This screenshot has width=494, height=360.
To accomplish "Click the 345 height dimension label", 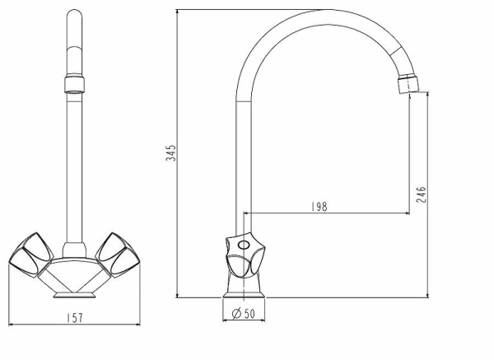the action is click(x=170, y=153).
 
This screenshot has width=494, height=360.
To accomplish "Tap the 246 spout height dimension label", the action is click(x=421, y=194).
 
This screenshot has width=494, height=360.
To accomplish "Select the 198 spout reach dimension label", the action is click(x=319, y=207).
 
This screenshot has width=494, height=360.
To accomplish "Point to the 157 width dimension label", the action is click(x=75, y=318).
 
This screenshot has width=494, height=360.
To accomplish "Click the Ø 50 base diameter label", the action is click(x=243, y=313).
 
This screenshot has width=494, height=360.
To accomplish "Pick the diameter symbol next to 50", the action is click(x=236, y=313).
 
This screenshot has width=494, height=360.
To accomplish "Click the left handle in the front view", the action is click(x=31, y=255).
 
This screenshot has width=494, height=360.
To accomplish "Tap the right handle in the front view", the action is click(x=118, y=255).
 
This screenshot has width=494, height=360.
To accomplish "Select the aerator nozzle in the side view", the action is click(x=408, y=83).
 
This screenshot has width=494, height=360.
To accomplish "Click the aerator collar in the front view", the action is click(x=74, y=84).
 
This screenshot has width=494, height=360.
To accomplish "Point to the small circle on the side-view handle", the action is click(x=243, y=245).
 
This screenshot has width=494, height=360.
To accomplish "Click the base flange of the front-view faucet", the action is click(x=74, y=295).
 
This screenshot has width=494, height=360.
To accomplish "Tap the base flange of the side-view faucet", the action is click(x=244, y=295).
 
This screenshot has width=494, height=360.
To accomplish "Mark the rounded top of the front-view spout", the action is click(x=74, y=14).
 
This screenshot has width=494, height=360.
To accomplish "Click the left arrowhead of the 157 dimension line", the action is click(x=11, y=324).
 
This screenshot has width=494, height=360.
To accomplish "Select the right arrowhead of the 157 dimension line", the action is click(x=138, y=324).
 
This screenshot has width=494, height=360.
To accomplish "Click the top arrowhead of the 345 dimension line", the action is click(x=177, y=12).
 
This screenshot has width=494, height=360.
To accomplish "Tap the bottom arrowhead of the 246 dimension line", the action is click(x=427, y=295).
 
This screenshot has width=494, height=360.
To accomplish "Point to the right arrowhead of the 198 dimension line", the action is click(x=408, y=213).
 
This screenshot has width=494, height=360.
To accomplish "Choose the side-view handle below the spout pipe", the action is click(x=245, y=255).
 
